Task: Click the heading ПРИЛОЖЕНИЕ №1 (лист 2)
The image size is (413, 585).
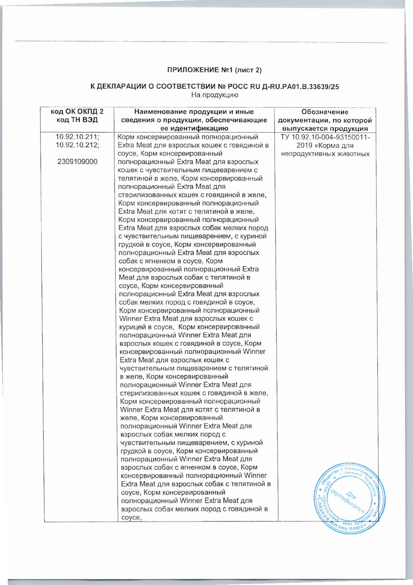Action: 214,70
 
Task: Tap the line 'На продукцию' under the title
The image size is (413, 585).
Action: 214,95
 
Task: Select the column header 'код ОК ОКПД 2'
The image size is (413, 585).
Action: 77,112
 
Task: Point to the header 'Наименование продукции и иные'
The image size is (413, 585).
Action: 194,112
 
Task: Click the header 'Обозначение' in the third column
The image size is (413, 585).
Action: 325,112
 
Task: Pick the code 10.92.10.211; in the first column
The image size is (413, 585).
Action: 77,137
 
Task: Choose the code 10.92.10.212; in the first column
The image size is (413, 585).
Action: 77,145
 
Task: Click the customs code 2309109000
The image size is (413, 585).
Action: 77,162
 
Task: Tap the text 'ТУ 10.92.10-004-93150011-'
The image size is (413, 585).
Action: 325,137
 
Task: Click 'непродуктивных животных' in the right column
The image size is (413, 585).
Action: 325,153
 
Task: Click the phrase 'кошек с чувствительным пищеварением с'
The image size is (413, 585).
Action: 188,170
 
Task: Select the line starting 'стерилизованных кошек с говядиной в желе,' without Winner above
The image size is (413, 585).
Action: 192,195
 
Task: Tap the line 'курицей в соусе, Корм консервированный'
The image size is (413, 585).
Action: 190,327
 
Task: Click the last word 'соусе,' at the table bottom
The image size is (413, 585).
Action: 131,517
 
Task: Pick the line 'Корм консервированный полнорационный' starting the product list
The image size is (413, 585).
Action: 188,137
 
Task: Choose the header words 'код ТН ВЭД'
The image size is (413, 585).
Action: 77,120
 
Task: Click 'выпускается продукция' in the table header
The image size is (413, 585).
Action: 325,128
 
